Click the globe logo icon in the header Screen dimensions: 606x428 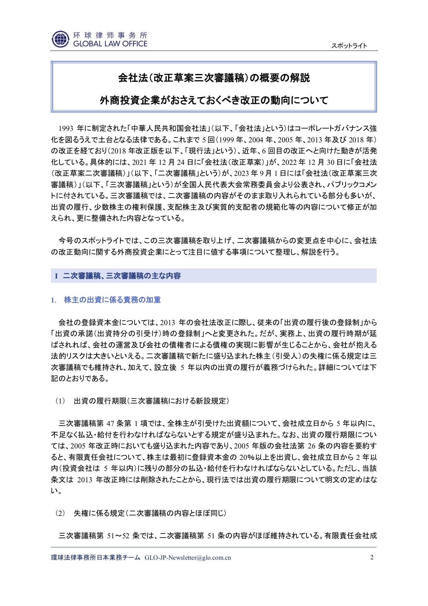(60, 39)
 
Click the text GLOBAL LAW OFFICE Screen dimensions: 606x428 (110, 44)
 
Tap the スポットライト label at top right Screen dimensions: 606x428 (349, 46)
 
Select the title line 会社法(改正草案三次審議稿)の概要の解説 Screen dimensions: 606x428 (214, 78)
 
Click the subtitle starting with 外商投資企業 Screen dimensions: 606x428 (214, 101)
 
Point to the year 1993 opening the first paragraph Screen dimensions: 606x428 (66, 129)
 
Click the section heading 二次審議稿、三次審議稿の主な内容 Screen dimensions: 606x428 (122, 276)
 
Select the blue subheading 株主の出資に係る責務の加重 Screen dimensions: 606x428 (112, 300)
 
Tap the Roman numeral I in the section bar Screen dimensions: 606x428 (56, 276)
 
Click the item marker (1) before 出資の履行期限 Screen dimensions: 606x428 (60, 401)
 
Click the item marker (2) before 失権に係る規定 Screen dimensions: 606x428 (60, 513)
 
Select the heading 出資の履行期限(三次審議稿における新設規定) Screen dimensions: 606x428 (152, 401)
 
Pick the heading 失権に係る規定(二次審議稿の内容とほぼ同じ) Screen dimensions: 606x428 (150, 513)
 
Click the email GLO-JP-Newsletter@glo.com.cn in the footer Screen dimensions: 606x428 (188, 558)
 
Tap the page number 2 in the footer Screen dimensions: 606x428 (372, 557)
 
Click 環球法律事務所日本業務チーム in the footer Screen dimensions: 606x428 (96, 558)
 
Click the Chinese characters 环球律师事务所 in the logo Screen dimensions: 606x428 (110, 35)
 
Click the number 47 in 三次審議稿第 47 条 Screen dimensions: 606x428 (110, 424)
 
